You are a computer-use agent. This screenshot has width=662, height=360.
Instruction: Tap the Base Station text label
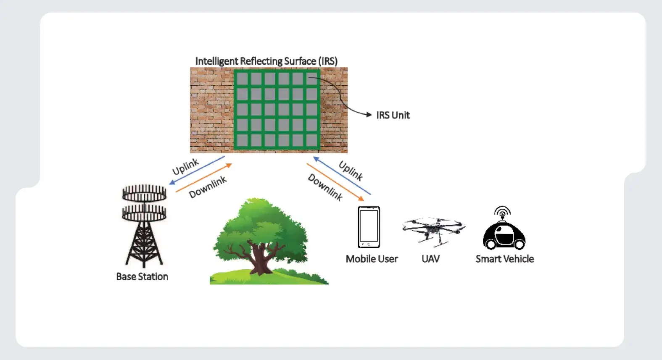click(x=142, y=276)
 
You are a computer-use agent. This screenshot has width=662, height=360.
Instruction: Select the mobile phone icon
click(x=369, y=227)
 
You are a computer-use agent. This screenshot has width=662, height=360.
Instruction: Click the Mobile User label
click(x=372, y=259)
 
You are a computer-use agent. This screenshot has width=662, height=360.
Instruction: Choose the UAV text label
click(x=430, y=259)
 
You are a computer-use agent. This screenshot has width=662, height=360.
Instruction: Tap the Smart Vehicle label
click(x=504, y=259)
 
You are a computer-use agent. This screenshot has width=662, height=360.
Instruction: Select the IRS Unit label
click(x=393, y=115)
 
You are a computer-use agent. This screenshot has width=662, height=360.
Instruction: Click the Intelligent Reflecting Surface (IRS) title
click(x=266, y=61)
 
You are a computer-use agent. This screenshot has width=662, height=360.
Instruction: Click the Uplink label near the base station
click(x=185, y=167)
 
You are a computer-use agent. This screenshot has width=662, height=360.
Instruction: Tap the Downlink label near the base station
click(x=208, y=187)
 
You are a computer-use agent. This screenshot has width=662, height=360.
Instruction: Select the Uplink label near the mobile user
click(x=351, y=171)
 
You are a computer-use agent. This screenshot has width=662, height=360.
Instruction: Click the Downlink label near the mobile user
click(x=325, y=187)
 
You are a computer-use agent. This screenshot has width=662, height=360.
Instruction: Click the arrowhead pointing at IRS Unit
click(x=369, y=115)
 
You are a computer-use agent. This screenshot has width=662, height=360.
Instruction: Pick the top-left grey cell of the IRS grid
click(x=242, y=79)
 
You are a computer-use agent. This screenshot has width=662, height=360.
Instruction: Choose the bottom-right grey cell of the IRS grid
click(x=311, y=140)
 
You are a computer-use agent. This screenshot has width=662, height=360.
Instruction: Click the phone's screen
click(x=369, y=225)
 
